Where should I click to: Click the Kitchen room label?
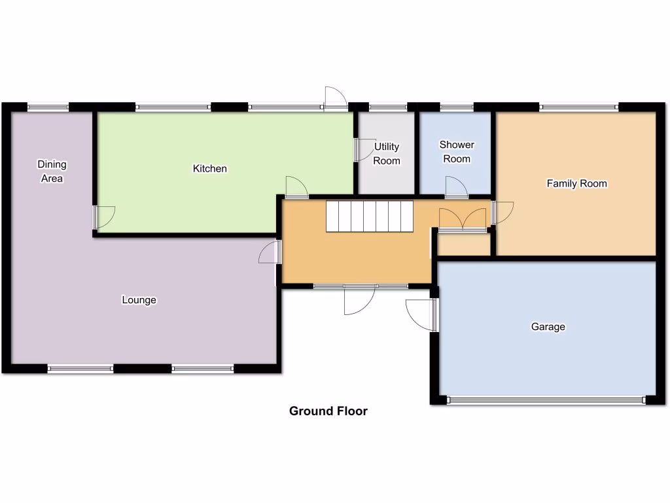tap(209, 169)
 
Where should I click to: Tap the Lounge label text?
tap(139, 301)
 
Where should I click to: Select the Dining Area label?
tap(52, 171)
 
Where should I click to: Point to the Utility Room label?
tap(386, 153)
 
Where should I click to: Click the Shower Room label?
tap(457, 151)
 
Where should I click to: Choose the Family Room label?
tap(576, 184)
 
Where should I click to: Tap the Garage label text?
tap(548, 327)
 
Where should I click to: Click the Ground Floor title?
tap(328, 411)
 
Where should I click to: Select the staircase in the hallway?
tap(370, 216)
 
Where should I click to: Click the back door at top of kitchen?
tap(336, 98)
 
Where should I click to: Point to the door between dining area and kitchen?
tap(104, 217)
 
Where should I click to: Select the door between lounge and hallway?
tap(269, 252)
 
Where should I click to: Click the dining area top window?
tap(48, 107)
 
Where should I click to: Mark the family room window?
tap(578, 107)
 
